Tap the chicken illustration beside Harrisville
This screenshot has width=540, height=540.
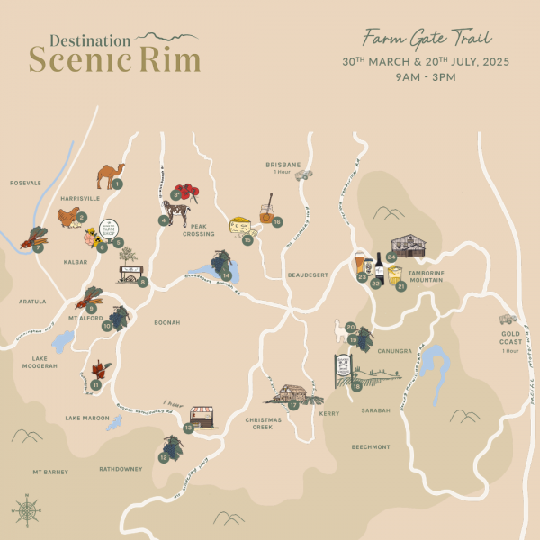pyautogui.click(x=68, y=216)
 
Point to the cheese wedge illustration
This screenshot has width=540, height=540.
pyautogui.click(x=242, y=226)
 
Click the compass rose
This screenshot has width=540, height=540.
pyautogui.click(x=27, y=509)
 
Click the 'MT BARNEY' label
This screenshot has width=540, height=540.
pyautogui.click(x=50, y=472)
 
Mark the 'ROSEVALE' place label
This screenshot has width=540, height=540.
pyautogui.click(x=25, y=183)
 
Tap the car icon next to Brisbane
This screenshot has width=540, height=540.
pyautogui.click(x=303, y=175)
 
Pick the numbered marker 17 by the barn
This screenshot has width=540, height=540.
pyautogui.click(x=293, y=406)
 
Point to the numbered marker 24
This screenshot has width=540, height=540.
pyautogui.click(x=391, y=256)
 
